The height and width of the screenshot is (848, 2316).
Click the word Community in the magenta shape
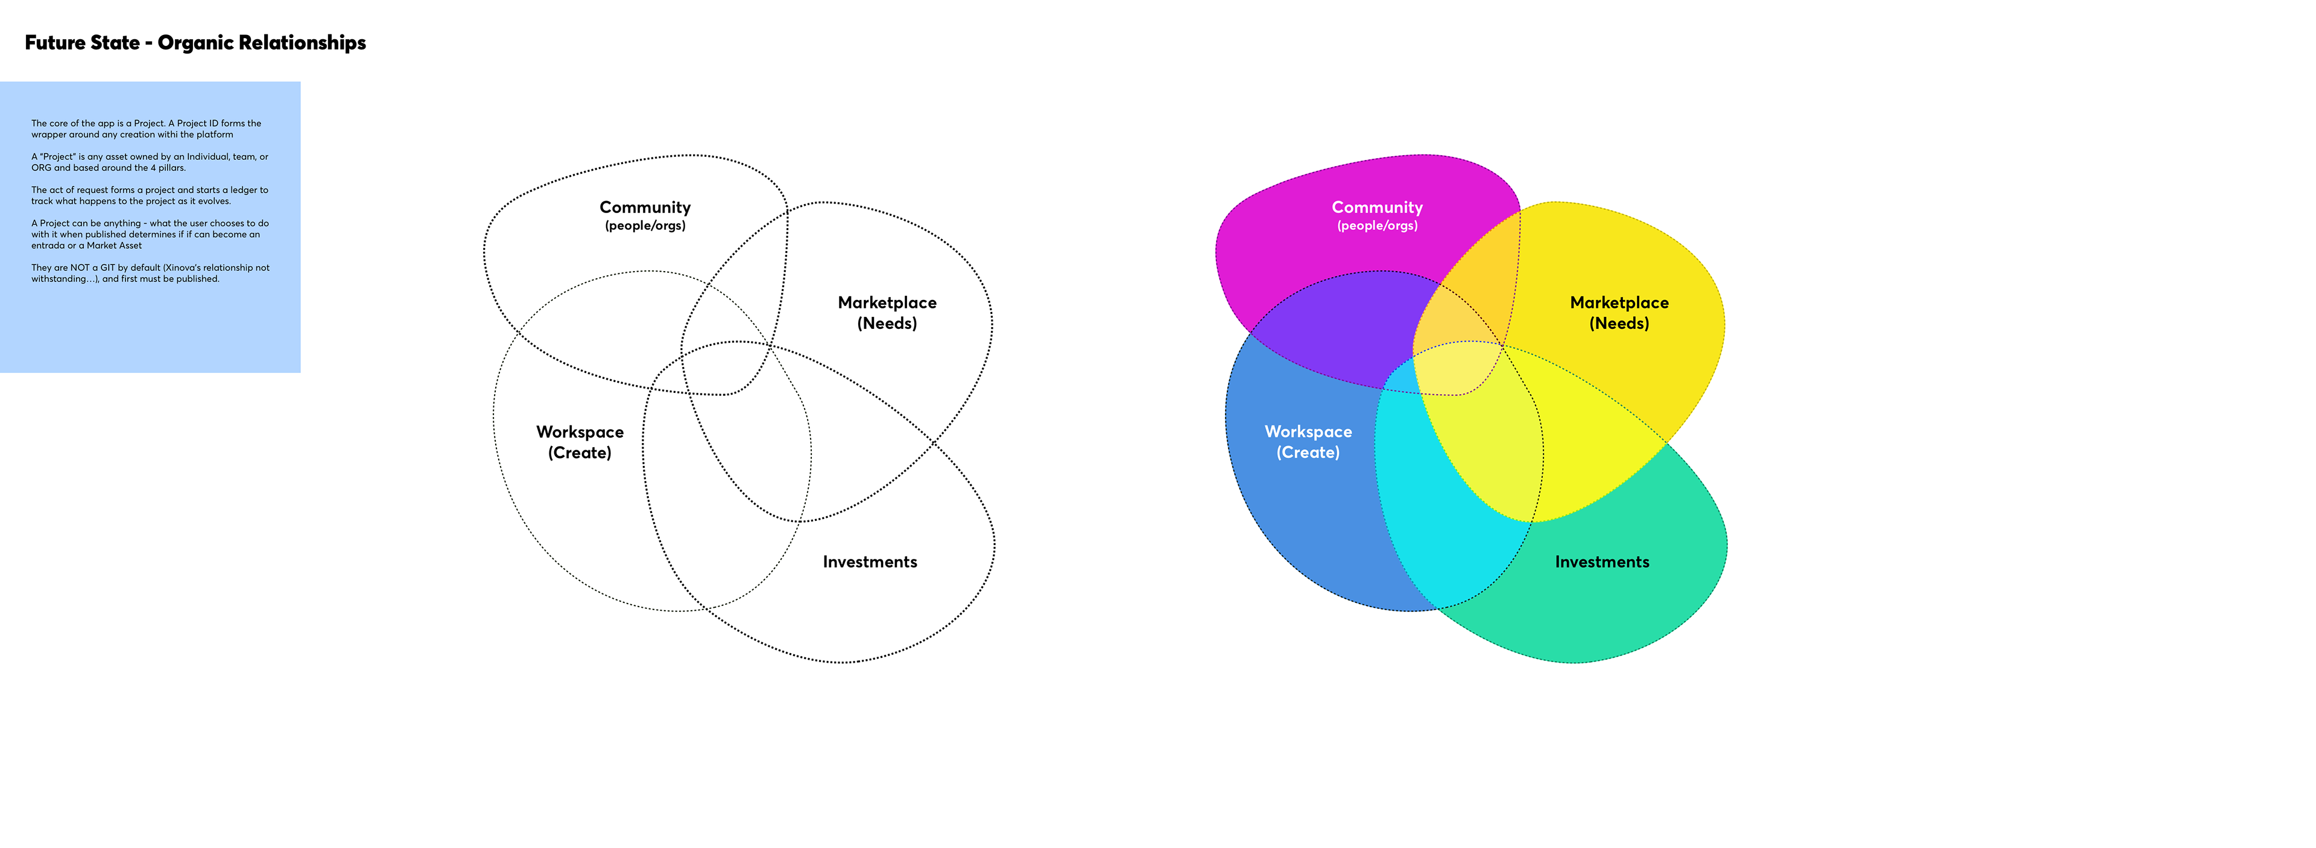click(x=1376, y=208)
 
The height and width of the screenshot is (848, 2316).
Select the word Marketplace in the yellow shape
click(x=1618, y=303)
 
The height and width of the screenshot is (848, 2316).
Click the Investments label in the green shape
click(x=1601, y=562)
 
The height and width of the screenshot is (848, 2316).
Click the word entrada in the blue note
click(x=48, y=246)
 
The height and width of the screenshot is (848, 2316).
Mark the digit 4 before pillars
click(x=153, y=168)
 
